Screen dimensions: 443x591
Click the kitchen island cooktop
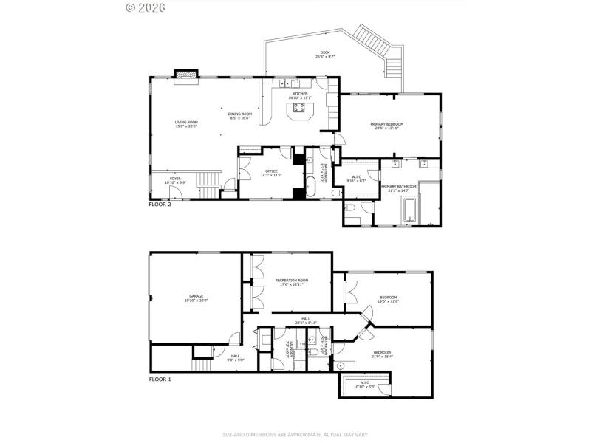(x=300, y=110)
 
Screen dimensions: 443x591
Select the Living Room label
(x=186, y=123)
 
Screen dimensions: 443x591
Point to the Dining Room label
(x=241, y=115)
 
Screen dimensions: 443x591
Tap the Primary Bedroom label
(x=386, y=126)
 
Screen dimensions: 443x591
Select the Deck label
(x=324, y=54)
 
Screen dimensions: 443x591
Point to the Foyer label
(x=175, y=179)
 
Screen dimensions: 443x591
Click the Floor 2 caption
(x=160, y=204)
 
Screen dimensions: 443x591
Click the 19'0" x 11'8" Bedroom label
(x=388, y=299)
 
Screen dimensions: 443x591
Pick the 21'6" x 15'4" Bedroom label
(x=383, y=354)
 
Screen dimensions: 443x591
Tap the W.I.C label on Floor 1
(x=365, y=384)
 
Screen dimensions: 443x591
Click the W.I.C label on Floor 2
(x=355, y=178)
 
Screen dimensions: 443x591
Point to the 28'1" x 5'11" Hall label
(x=305, y=320)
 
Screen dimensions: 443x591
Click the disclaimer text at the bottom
(x=295, y=433)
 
